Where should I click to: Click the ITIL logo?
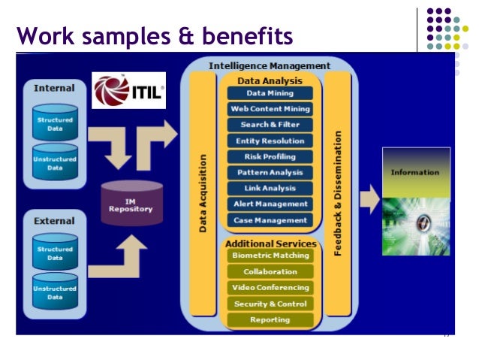point(128,91)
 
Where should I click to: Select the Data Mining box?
point(270,93)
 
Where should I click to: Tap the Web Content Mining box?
point(270,109)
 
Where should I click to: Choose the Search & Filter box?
point(270,125)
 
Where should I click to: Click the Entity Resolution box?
point(270,141)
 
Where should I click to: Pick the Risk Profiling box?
point(270,156)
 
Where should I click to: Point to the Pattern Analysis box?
point(270,172)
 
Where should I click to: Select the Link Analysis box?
point(270,188)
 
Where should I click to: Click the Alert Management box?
point(270,204)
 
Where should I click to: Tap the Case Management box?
point(270,220)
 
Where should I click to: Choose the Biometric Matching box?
point(270,256)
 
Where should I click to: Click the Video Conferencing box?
point(270,288)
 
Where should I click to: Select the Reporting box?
point(270,319)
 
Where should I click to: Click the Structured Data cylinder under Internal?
point(55,124)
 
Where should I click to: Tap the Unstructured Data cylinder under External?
point(55,292)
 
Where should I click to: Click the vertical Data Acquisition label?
point(203,193)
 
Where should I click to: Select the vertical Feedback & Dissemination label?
point(338,193)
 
